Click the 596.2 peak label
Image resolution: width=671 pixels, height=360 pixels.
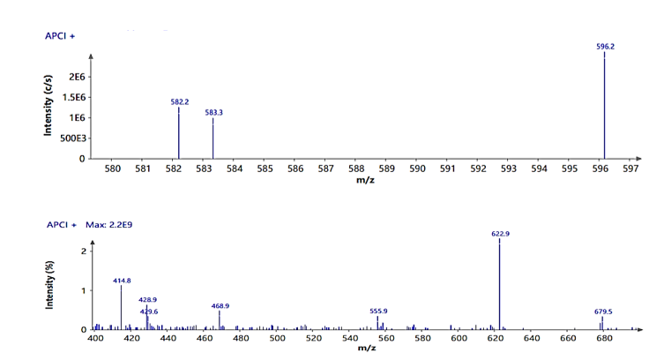(604, 46)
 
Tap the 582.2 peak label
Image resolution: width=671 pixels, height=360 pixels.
(179, 101)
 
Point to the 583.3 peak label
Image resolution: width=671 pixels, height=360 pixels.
(213, 112)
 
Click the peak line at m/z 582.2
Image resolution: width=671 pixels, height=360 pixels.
(179, 132)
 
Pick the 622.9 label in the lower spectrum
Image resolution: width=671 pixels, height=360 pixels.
(500, 234)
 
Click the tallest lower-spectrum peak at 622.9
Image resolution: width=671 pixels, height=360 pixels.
(500, 282)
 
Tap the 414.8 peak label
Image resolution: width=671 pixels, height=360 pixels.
(122, 280)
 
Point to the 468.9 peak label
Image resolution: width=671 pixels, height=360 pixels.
(220, 305)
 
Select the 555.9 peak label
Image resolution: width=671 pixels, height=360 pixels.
(378, 311)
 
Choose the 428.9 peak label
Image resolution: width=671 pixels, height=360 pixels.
(147, 300)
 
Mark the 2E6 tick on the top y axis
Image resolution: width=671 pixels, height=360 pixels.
(77, 78)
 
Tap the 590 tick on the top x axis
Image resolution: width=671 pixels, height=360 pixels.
(417, 169)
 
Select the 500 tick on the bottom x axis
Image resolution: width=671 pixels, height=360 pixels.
(277, 339)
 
